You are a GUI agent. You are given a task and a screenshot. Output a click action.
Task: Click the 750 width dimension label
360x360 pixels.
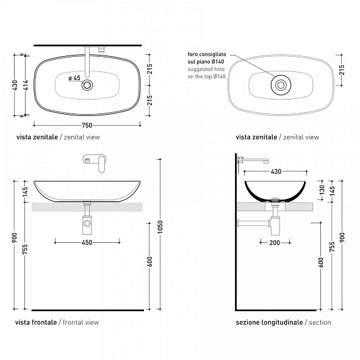pos(87,125)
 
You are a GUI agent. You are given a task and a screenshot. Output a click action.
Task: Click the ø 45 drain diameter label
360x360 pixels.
pos(74,78)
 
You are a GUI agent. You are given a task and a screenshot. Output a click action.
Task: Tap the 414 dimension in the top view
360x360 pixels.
pos(26,85)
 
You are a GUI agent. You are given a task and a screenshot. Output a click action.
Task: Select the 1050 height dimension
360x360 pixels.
pos(160,226)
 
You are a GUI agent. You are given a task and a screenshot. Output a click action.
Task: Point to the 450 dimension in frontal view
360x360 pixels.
pos(87,242)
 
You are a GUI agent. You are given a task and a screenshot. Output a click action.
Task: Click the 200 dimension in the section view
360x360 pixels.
pos(275,243)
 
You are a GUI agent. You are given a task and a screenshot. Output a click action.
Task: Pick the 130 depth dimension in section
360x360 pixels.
pos(322,190)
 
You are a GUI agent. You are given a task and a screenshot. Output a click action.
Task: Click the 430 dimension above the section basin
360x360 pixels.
pos(276,171)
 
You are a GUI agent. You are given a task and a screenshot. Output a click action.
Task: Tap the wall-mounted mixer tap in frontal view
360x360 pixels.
pos(95,162)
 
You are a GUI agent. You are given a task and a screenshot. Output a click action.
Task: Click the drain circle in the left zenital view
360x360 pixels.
pos(87,85)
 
